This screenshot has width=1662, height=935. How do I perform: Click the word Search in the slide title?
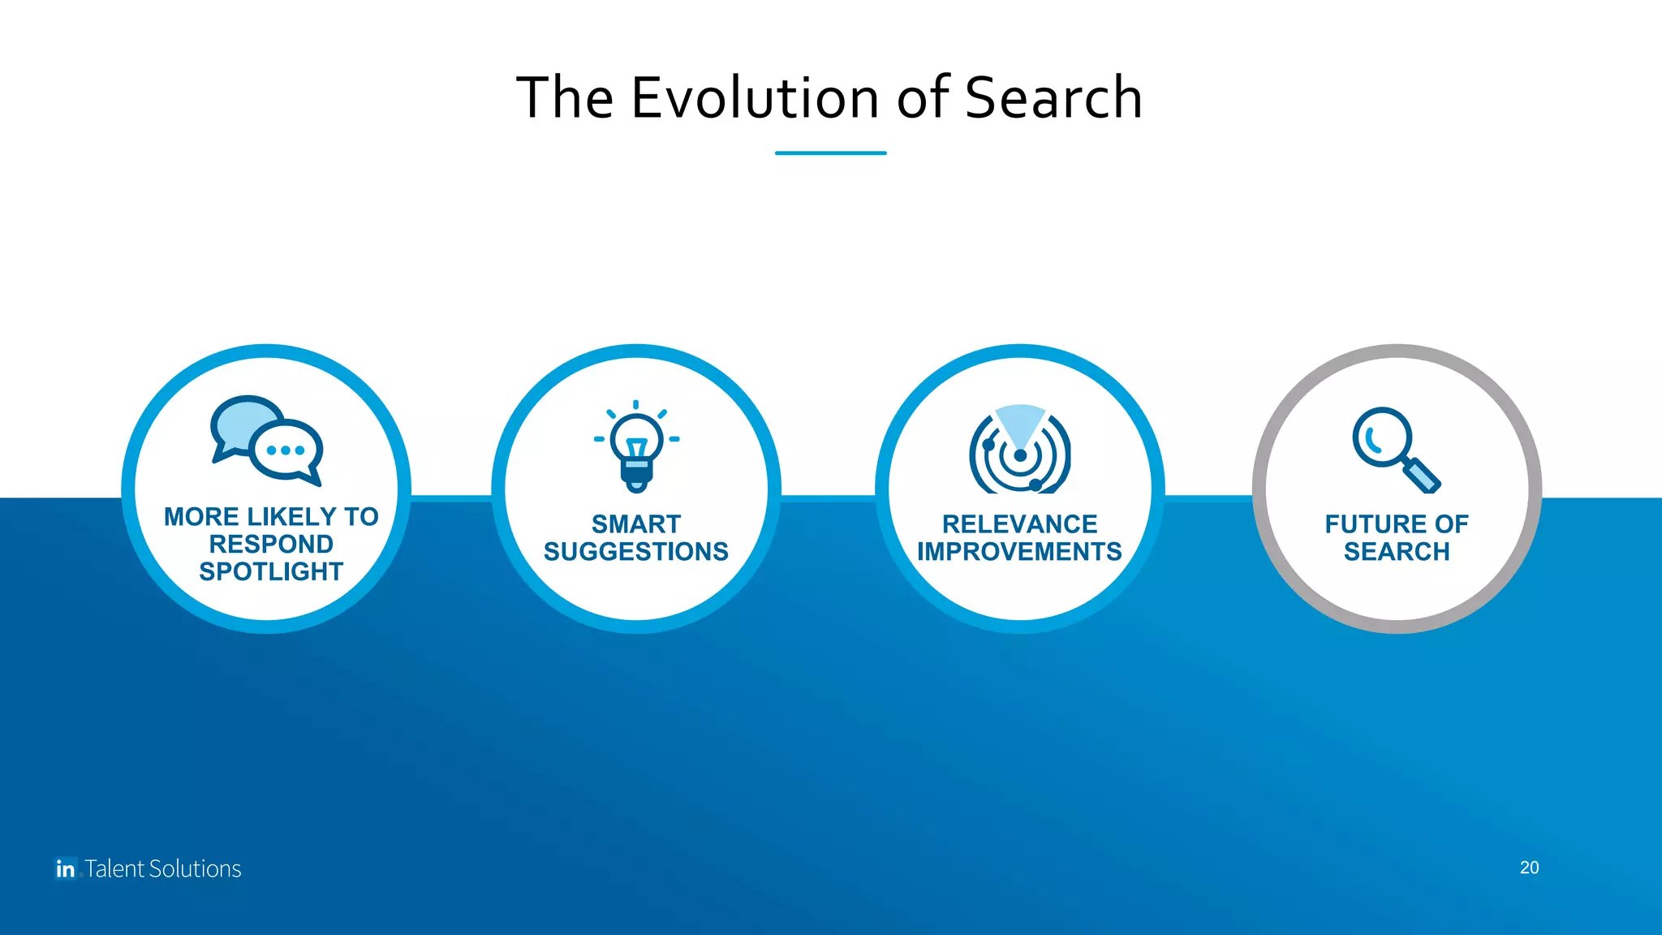pos(1053,98)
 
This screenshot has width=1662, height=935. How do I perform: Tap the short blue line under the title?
pos(830,153)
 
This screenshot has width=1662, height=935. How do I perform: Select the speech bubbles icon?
pos(266,441)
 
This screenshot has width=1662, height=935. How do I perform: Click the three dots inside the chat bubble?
pos(285,450)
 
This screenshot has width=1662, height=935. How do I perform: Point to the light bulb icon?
pos(637,447)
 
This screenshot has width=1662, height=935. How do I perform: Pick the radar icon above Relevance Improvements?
pos(1020,450)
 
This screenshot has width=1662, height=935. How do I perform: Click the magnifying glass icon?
pos(1395,449)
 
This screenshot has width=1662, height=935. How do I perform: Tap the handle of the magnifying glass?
pos(1422,475)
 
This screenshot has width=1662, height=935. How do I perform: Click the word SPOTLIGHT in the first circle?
pos(271,571)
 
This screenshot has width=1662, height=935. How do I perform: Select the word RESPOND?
pos(271,544)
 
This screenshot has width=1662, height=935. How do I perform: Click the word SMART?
pos(636,524)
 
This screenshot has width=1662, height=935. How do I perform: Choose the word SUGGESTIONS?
pos(636,552)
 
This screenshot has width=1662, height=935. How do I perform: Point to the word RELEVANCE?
pos(1019,524)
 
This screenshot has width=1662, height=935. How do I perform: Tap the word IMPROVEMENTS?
pos(1019,552)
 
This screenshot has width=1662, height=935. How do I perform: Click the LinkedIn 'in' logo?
pos(66,868)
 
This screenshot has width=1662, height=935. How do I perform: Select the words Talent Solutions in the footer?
pos(163,868)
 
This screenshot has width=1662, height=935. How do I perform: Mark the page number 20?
pos(1529,868)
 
